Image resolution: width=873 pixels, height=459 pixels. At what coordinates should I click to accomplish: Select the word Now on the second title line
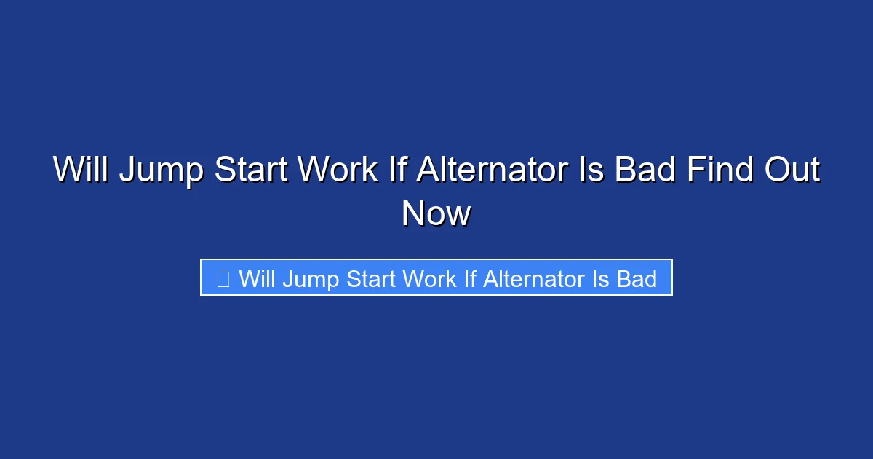click(436, 213)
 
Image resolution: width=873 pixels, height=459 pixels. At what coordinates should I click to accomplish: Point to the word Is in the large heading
click(591, 170)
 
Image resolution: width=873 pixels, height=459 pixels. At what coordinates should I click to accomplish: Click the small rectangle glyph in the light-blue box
click(223, 278)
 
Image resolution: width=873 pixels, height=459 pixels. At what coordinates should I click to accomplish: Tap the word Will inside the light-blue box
click(257, 278)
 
